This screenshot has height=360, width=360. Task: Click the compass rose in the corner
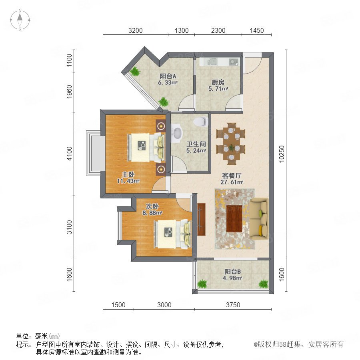pyautogui.click(x=20, y=20)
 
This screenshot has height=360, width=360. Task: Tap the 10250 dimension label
pyautogui.click(x=282, y=154)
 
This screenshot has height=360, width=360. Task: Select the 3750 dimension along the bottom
pyautogui.click(x=233, y=305)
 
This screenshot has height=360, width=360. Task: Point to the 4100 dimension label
pyautogui.click(x=69, y=154)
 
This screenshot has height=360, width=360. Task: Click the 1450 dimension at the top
pyautogui.click(x=257, y=30)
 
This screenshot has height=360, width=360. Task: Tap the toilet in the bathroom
pyautogui.click(x=201, y=122)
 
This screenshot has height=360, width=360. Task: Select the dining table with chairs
pyautogui.click(x=231, y=144)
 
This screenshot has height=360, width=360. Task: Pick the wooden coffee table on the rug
pyautogui.click(x=234, y=218)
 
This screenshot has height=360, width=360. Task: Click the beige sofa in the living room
pyautogui.click(x=259, y=219)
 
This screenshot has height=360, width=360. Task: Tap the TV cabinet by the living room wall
pyautogui.click(x=201, y=219)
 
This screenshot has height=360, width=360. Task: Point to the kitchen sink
pyautogui.click(x=212, y=62)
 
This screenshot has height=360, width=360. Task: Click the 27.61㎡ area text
pyautogui.click(x=232, y=182)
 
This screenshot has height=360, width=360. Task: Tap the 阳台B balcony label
pyautogui.click(x=232, y=272)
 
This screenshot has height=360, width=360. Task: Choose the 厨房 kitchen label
pyautogui.click(x=218, y=82)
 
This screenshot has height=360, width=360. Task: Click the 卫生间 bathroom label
pyautogui.click(x=196, y=144)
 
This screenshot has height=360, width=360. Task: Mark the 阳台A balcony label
pyautogui.click(x=168, y=76)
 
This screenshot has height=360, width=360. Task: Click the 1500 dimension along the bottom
pyautogui.click(x=118, y=305)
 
